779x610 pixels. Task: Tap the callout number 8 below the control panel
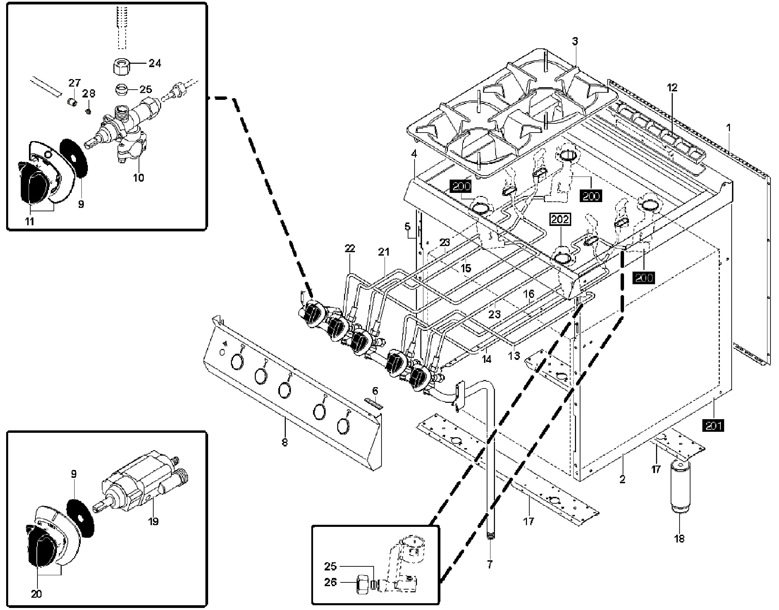284,442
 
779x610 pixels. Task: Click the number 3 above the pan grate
575,42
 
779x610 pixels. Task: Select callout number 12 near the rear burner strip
672,88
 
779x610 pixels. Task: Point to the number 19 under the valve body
154,521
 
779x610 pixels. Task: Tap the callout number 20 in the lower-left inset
36,594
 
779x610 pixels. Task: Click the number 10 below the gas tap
139,178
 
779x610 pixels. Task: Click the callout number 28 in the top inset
89,94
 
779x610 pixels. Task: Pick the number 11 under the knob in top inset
29,222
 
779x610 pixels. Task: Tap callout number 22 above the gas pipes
350,248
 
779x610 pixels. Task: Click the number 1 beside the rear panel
729,127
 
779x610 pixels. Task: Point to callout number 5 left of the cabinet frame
407,226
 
